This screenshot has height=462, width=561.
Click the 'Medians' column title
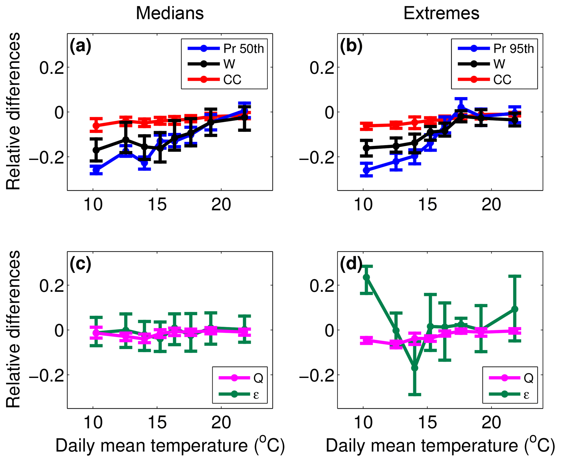(x=170, y=13)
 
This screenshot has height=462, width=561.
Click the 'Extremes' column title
(x=441, y=13)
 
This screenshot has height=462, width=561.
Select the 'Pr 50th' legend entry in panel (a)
(x=243, y=49)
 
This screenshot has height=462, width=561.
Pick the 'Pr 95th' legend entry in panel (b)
(x=514, y=49)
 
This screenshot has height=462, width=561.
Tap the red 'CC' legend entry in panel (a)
(x=232, y=80)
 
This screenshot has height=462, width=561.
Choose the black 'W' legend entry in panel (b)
(x=499, y=64)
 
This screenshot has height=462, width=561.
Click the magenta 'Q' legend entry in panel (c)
(x=258, y=378)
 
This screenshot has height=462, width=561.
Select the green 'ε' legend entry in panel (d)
(x=526, y=395)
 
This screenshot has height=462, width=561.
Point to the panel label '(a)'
(x=80, y=46)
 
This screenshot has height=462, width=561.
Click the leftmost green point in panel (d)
(x=366, y=277)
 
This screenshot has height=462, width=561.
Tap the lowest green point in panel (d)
(x=415, y=368)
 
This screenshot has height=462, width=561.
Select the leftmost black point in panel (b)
(x=366, y=148)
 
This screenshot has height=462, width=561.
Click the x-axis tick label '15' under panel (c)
(x=157, y=423)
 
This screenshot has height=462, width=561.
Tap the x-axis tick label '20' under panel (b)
(x=492, y=205)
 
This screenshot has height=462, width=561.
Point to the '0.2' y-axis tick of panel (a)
(x=52, y=68)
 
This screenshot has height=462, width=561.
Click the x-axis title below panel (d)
(x=440, y=445)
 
